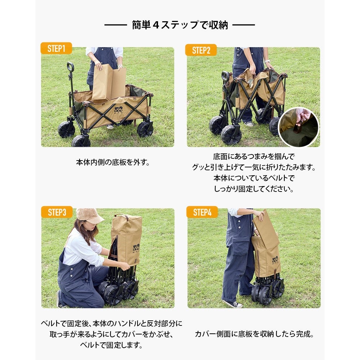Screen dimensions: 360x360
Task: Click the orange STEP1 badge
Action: (x=56, y=48)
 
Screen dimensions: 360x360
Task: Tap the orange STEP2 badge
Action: (x=201, y=50)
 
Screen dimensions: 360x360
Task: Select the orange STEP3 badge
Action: (x=57, y=212)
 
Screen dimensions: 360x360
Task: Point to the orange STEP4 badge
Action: (x=202, y=212)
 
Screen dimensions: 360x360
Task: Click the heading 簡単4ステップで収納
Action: (x=180, y=25)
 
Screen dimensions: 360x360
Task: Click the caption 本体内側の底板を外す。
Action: (x=113, y=162)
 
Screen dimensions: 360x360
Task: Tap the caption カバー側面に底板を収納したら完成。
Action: (x=254, y=334)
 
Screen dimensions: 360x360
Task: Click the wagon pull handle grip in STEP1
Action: (x=70, y=67)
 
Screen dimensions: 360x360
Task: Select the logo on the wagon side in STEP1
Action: (x=118, y=110)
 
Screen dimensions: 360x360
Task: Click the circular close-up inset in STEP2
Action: (x=299, y=127)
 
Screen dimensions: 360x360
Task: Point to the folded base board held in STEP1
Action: (x=109, y=84)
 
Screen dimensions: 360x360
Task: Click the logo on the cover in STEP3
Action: (x=136, y=248)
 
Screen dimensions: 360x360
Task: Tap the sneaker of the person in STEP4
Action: (x=233, y=304)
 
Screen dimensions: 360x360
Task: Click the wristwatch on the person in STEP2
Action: (x=267, y=61)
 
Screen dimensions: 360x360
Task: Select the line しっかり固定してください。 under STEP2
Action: (x=253, y=189)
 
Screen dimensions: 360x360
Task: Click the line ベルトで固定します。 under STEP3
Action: (x=111, y=345)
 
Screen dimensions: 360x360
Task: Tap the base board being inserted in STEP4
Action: (x=266, y=229)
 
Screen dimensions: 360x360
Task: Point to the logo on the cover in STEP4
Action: (x=275, y=260)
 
